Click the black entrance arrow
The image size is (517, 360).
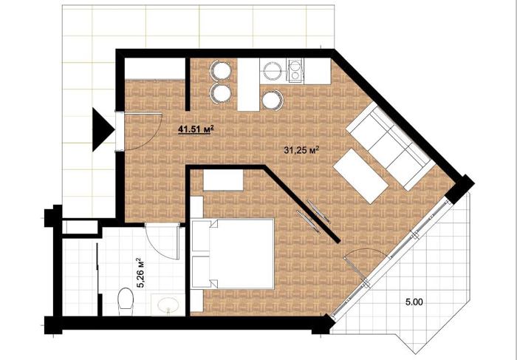[102, 129]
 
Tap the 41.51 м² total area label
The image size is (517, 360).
[194, 129]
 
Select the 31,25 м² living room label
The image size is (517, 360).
[301, 151]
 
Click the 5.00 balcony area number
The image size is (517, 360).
[414, 302]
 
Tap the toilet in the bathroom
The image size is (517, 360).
[126, 299]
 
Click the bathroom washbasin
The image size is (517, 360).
[168, 305]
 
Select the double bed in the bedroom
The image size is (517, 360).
[233, 253]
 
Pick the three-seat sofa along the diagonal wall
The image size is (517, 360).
[390, 146]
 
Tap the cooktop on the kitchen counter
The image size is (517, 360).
[295, 70]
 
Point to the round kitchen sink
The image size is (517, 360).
[273, 71]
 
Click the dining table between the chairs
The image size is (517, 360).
[248, 84]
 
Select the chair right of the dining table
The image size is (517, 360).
[273, 100]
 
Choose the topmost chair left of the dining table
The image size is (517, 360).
[220, 70]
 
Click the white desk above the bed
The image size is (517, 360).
[223, 180]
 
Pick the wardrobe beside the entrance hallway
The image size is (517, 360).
[154, 69]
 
